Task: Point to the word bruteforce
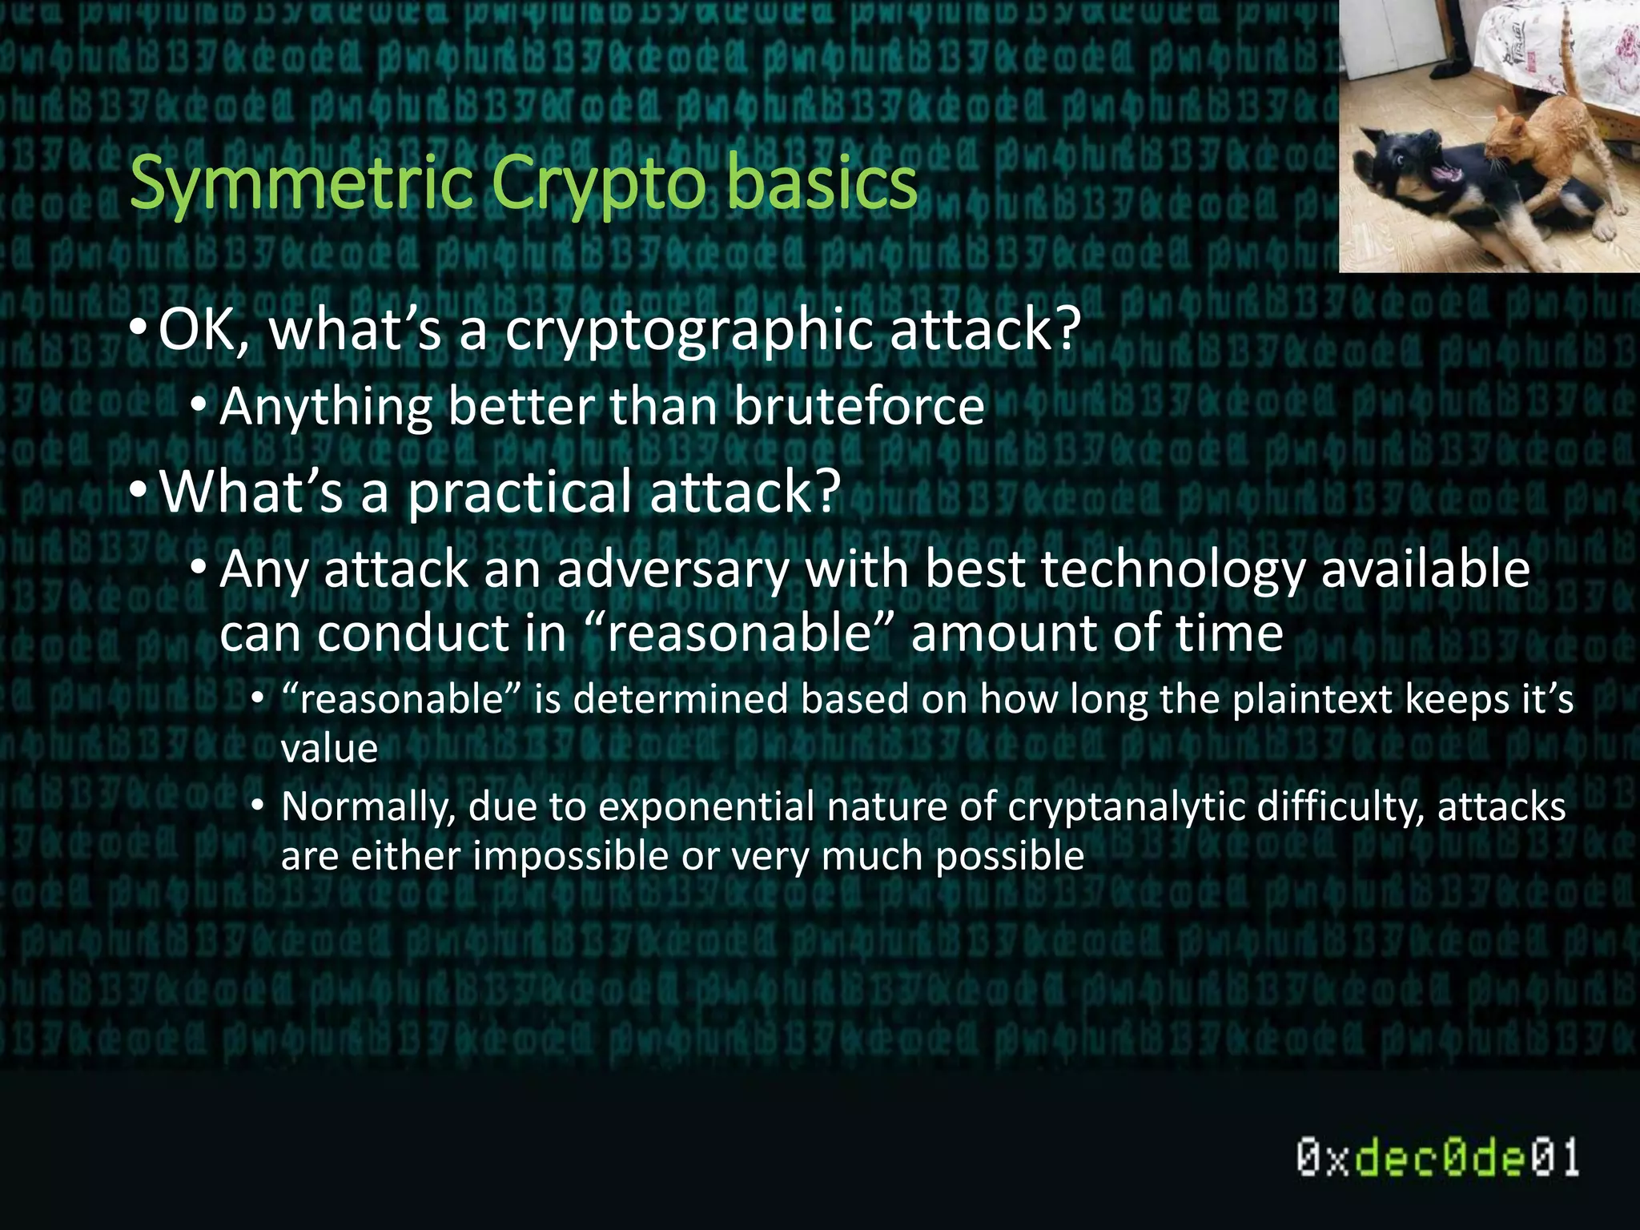(858, 406)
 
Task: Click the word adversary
(673, 570)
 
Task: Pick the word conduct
(412, 633)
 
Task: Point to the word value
(329, 749)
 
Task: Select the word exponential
(706, 807)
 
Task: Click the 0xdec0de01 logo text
(1437, 1158)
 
